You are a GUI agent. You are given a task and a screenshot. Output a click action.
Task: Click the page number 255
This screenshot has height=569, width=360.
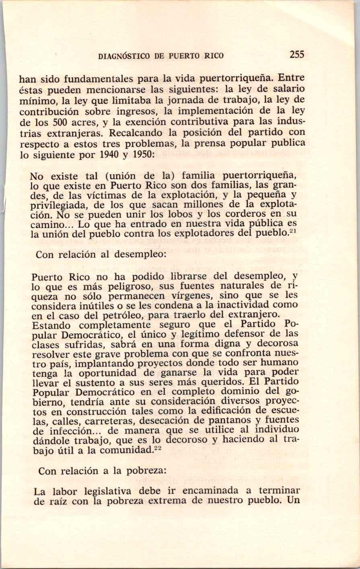click(296, 55)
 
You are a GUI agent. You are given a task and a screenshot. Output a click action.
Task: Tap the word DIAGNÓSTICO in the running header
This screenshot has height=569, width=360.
click(124, 56)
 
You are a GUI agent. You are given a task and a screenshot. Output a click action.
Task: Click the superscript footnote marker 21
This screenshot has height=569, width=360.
click(294, 231)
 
